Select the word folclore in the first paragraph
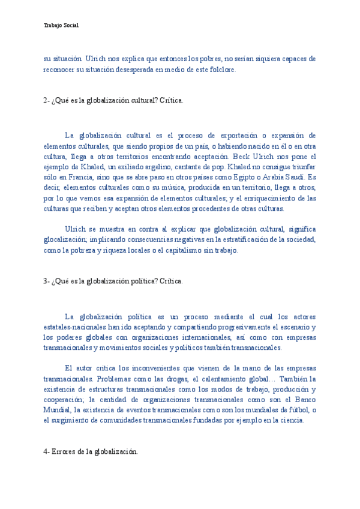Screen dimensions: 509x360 click(x=223, y=70)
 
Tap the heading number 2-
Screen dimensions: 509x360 click(x=47, y=100)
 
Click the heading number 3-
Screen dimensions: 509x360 click(x=47, y=281)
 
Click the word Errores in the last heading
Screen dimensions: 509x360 click(x=65, y=451)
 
